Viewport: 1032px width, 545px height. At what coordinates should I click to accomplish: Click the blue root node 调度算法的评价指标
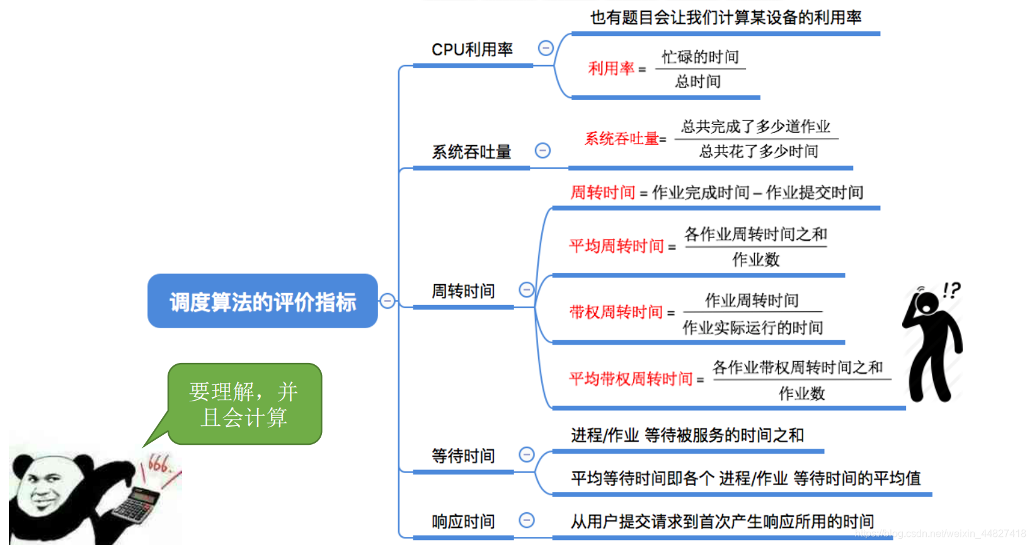[x=262, y=301]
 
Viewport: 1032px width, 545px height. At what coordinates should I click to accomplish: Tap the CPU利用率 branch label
[x=472, y=49]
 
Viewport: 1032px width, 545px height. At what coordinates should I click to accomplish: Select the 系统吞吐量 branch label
[x=471, y=152]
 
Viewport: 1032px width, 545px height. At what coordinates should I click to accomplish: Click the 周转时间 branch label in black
[x=463, y=291]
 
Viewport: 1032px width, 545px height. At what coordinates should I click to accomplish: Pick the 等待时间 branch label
[x=463, y=456]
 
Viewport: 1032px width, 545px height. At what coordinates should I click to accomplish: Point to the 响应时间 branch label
[x=463, y=522]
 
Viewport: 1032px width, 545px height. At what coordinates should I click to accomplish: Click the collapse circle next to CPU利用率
[x=546, y=48]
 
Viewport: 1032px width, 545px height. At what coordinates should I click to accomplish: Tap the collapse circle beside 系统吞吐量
[x=542, y=150]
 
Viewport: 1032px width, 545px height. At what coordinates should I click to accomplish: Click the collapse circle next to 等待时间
[x=527, y=454]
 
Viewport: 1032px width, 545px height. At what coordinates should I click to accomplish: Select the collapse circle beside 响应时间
[x=527, y=520]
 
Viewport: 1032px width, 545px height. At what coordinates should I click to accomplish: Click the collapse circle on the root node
[x=387, y=301]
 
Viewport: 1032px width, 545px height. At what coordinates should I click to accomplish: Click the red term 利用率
[x=611, y=68]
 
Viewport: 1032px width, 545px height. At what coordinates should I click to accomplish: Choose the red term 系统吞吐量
[x=621, y=139]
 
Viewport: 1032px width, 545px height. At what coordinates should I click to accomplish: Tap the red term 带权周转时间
[x=616, y=312]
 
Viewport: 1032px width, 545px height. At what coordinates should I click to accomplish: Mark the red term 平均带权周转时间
[x=631, y=379]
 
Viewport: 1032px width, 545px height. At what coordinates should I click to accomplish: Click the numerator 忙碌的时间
[x=700, y=57]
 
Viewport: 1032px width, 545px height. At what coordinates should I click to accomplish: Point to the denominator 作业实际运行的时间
[x=752, y=328]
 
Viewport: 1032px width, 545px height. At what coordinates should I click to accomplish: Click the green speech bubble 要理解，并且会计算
[x=244, y=404]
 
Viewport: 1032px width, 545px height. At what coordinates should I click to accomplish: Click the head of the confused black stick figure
[x=927, y=302]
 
